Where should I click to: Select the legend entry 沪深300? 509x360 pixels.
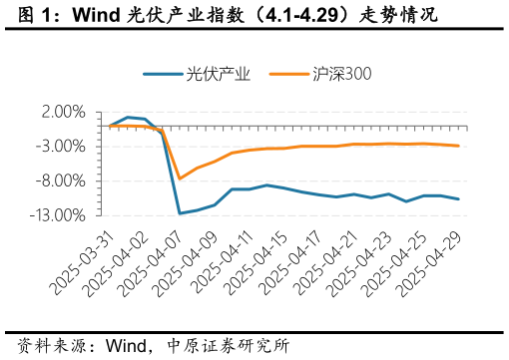pos(328,74)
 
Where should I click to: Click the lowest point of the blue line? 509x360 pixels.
pos(180,213)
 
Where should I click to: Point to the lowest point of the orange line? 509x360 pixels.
pos(180,179)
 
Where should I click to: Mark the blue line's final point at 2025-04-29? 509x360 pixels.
pos(458,199)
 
